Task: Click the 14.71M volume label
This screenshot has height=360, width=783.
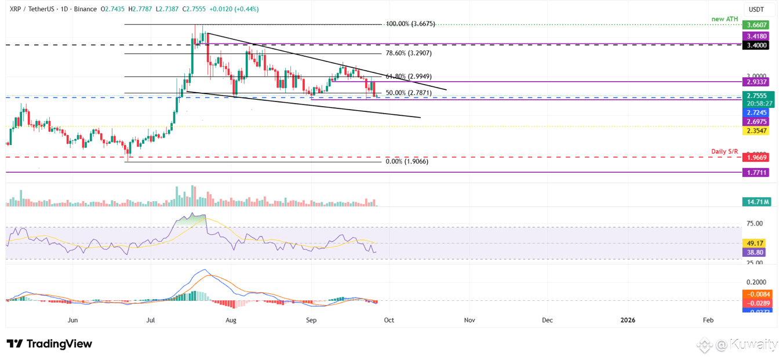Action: pos(757,202)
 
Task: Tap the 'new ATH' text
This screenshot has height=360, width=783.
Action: pos(725,19)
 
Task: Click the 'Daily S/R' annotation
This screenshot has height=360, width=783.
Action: pos(725,152)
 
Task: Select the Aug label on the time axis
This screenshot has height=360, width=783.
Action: pos(231,320)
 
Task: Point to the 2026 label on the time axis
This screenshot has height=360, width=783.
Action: pos(628,320)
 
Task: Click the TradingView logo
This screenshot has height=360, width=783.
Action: pos(50,344)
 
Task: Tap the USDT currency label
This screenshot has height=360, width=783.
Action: pos(757,10)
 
